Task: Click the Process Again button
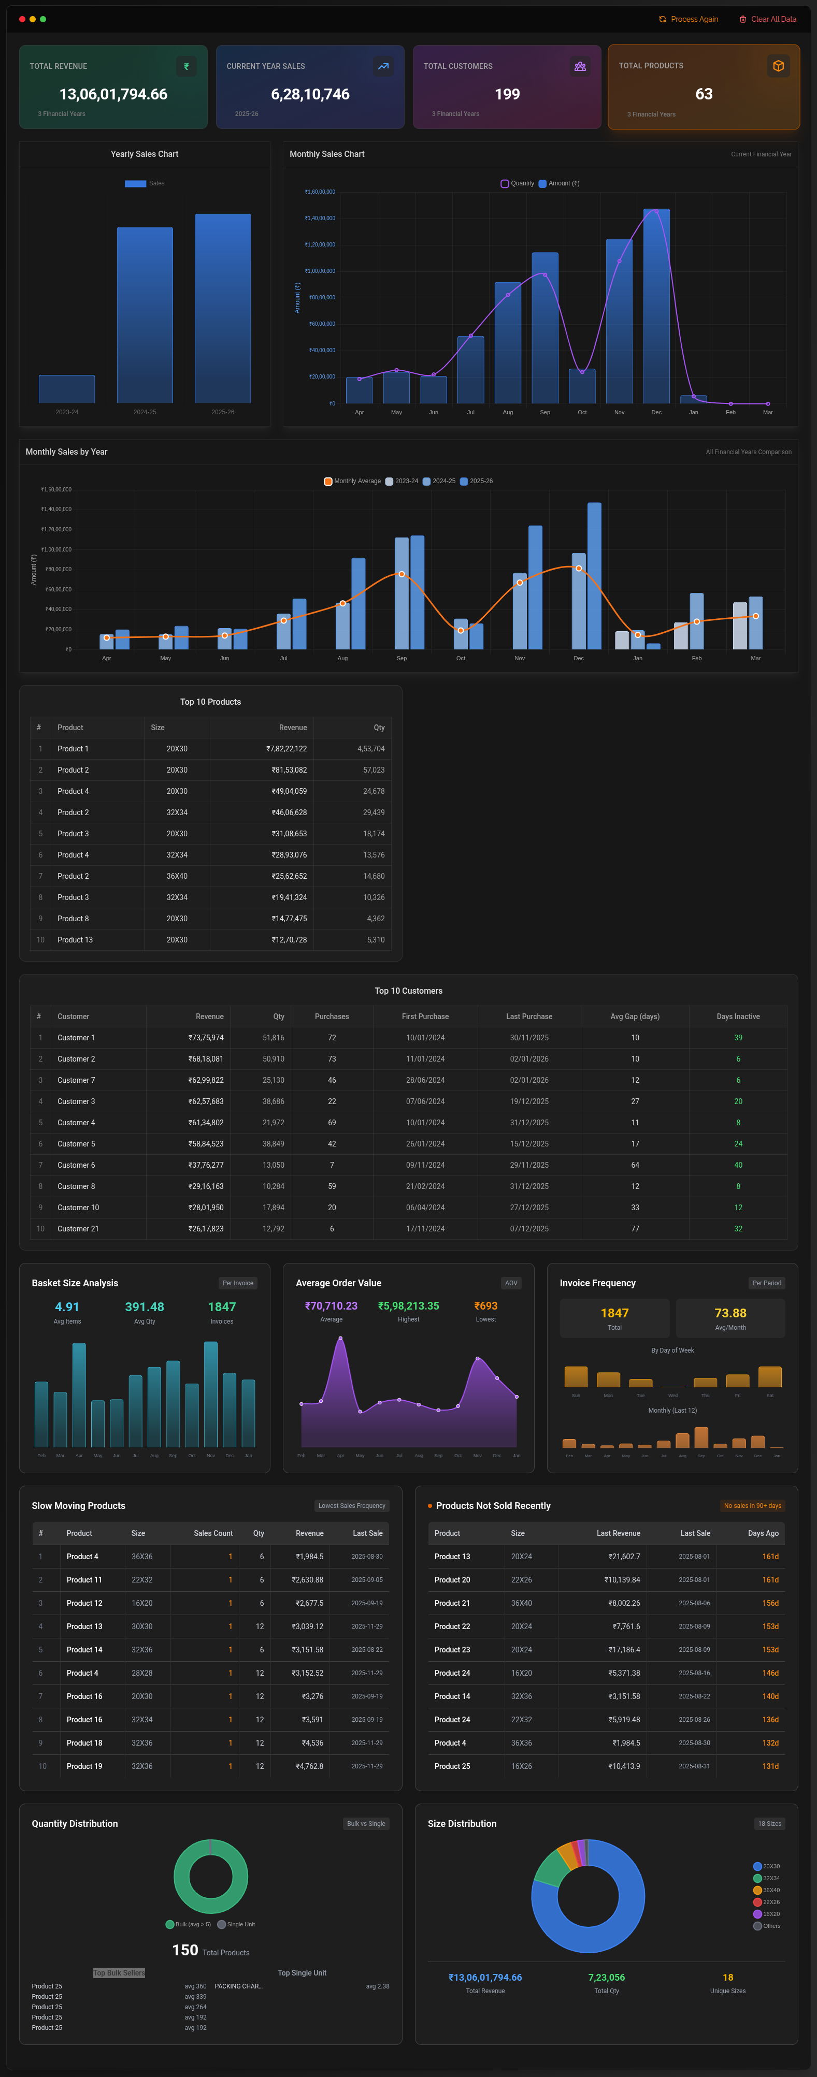pyautogui.click(x=688, y=19)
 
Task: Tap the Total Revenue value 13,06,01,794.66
pyautogui.click(x=114, y=94)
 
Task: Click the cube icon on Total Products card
pyautogui.click(x=778, y=66)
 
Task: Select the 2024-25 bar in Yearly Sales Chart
pyautogui.click(x=145, y=314)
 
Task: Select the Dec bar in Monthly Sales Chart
pyautogui.click(x=656, y=307)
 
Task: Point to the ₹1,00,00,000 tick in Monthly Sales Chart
pyautogui.click(x=320, y=271)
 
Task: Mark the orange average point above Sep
pyautogui.click(x=402, y=574)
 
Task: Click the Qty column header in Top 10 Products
pyautogui.click(x=378, y=727)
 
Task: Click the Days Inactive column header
pyautogui.click(x=737, y=1016)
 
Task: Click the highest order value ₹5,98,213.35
pyautogui.click(x=408, y=1306)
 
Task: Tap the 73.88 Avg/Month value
pyautogui.click(x=730, y=1313)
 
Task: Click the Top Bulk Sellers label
pyautogui.click(x=119, y=1973)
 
